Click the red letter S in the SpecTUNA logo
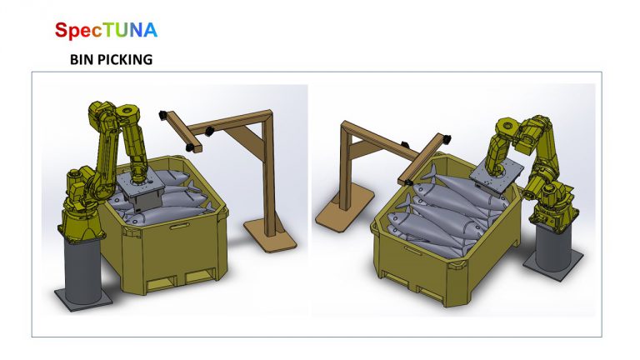(61, 30)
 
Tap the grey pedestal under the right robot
(553, 244)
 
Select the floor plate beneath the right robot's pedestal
(553, 264)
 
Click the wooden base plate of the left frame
(270, 235)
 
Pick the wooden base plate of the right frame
(344, 210)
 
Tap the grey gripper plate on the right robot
(497, 172)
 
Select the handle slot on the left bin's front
(179, 226)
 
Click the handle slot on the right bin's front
(413, 250)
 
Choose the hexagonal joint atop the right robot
(506, 125)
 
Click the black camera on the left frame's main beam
(209, 132)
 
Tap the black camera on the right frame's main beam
(405, 145)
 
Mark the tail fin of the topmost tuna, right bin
(430, 172)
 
